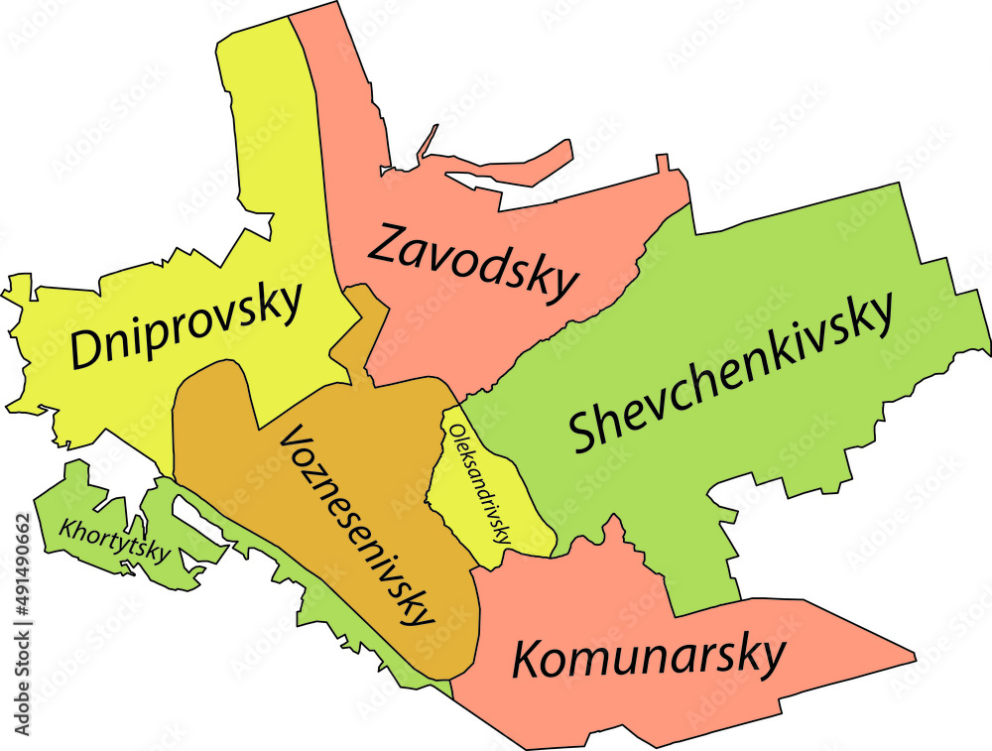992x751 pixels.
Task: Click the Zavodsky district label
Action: pos(471,260)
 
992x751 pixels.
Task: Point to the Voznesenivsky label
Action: pos(359,525)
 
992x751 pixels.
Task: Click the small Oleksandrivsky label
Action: pos(479,482)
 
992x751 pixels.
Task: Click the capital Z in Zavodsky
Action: pos(386,243)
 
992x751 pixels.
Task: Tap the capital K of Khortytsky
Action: pos(66,527)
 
